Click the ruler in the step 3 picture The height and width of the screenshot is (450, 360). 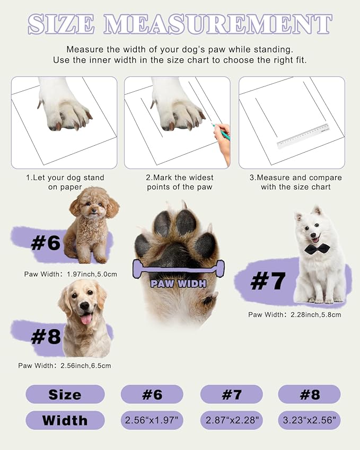pos(303,136)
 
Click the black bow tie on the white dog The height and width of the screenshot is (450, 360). pos(317,249)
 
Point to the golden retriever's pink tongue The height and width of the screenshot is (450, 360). pos(86,319)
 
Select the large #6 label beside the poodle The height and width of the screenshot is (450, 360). pos(46,243)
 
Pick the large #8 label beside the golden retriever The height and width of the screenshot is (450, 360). pos(46,337)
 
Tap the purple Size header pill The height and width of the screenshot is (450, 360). pos(65,394)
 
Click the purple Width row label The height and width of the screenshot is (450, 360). pos(65,420)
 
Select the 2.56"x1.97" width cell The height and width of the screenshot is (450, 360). pos(152,420)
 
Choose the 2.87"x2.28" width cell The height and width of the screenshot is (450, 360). pos(231,420)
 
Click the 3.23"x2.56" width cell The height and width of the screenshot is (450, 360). pos(309,420)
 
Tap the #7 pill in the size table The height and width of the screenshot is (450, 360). pos(231,394)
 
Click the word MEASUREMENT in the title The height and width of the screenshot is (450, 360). pos(218,24)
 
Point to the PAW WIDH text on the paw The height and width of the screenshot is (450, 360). pos(178,284)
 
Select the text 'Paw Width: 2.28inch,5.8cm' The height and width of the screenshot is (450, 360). pos(294,314)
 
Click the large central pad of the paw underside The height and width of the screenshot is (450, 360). pos(177,253)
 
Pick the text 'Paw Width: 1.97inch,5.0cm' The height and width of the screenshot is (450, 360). pos(71,274)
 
